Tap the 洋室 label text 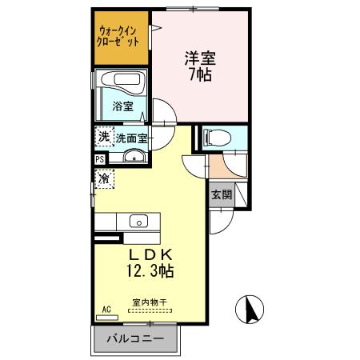pos(201,58)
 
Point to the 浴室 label pos(122,106)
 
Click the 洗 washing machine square pos(104,137)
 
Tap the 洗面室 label pos(131,138)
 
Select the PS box pos(99,158)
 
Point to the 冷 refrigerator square pos(104,179)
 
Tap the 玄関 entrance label pos(222,194)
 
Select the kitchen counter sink pos(136,221)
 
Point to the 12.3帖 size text pos(148,271)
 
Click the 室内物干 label pos(148,302)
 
